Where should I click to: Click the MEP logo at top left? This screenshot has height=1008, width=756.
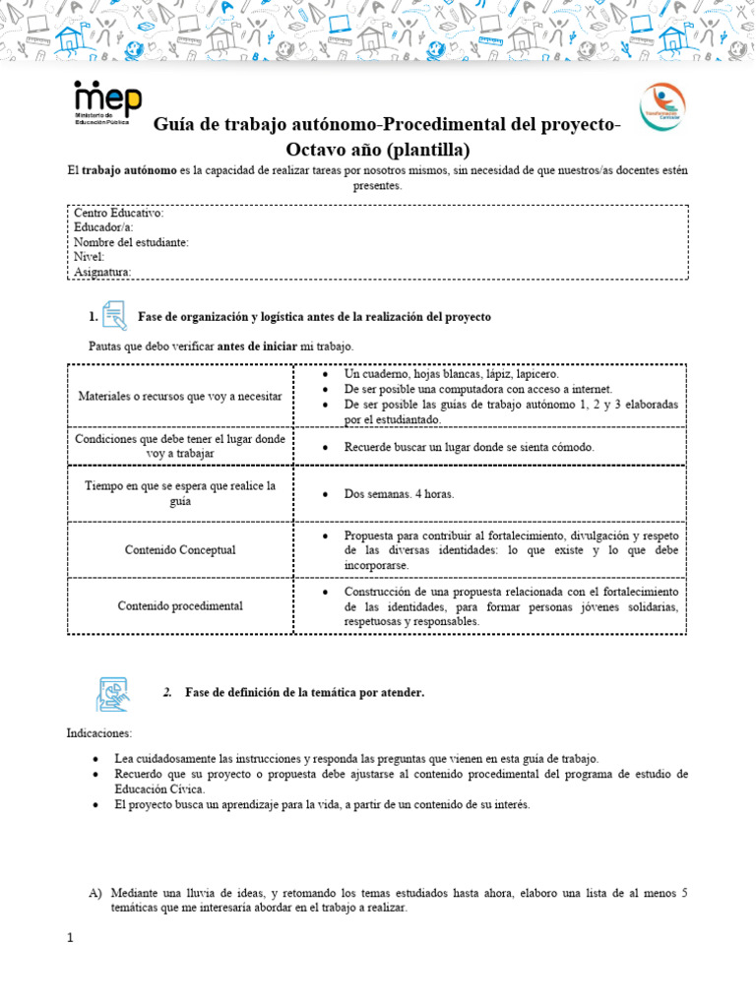(x=107, y=105)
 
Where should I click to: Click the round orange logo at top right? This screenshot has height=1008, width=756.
(x=662, y=106)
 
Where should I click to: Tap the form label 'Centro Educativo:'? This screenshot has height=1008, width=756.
(x=118, y=213)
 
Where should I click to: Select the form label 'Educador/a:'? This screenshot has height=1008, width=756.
(x=103, y=227)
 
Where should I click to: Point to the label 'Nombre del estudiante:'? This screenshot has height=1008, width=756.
(x=131, y=242)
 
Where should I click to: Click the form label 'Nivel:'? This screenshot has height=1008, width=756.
(x=90, y=257)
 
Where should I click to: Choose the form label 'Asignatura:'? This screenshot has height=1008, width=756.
(x=102, y=272)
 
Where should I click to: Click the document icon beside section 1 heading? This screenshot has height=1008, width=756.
(x=114, y=315)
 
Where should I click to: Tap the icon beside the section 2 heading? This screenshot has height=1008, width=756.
(x=111, y=693)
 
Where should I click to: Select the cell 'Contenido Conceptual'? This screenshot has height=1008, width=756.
(x=180, y=549)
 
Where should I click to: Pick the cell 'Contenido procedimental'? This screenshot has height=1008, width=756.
(x=180, y=605)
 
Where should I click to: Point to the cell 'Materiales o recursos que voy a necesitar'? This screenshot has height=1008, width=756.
(x=180, y=395)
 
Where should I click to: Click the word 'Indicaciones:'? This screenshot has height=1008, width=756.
(x=98, y=733)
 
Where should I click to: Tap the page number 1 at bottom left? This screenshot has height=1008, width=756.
(x=71, y=937)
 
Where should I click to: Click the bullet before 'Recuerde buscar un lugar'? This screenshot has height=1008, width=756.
(x=325, y=447)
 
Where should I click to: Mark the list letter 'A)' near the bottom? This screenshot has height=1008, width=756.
(x=95, y=893)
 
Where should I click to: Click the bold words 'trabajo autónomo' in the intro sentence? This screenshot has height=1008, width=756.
(x=129, y=170)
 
